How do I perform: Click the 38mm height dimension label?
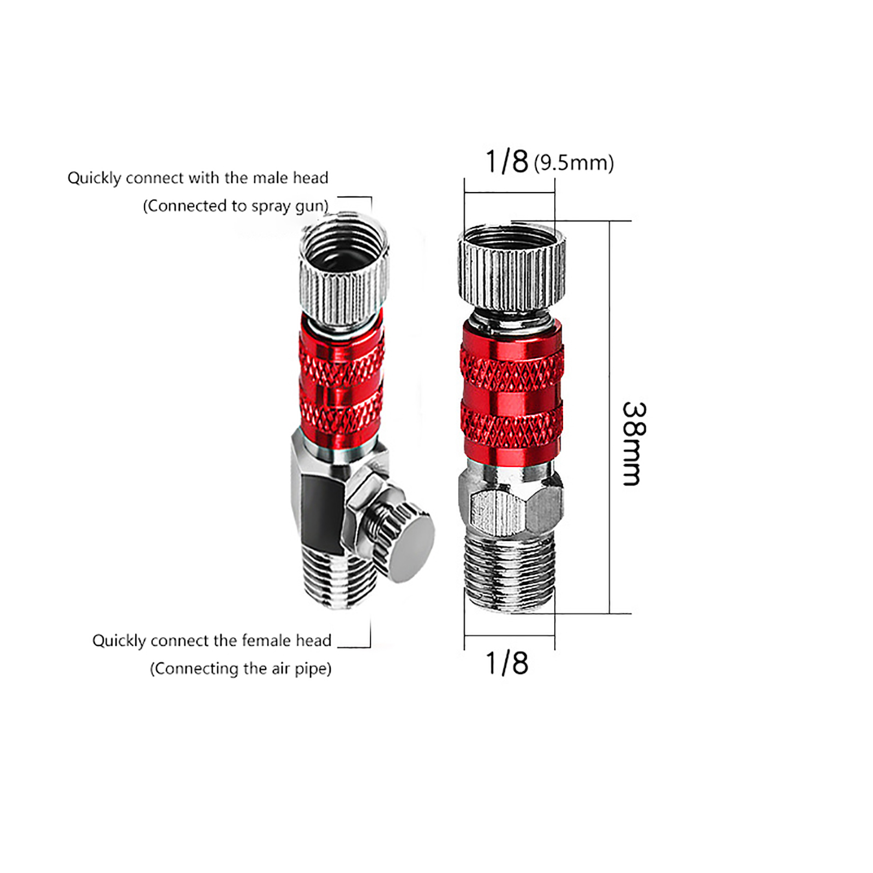click(635, 443)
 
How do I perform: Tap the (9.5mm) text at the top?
click(574, 163)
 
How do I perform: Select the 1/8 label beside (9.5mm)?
click(507, 161)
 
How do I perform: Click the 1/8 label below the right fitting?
click(507, 663)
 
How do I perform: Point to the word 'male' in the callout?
click(270, 178)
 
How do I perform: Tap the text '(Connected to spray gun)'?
click(236, 206)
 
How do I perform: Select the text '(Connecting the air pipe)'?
click(241, 669)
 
